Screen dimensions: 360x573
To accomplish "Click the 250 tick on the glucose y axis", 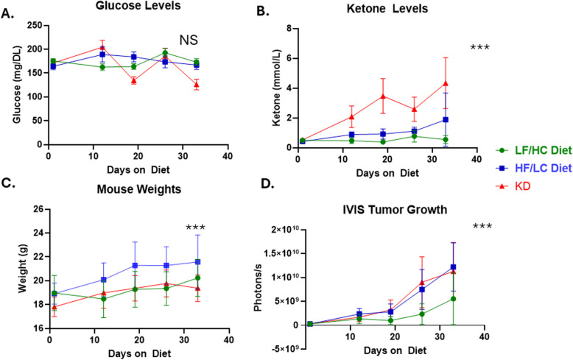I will tap(29, 27).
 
